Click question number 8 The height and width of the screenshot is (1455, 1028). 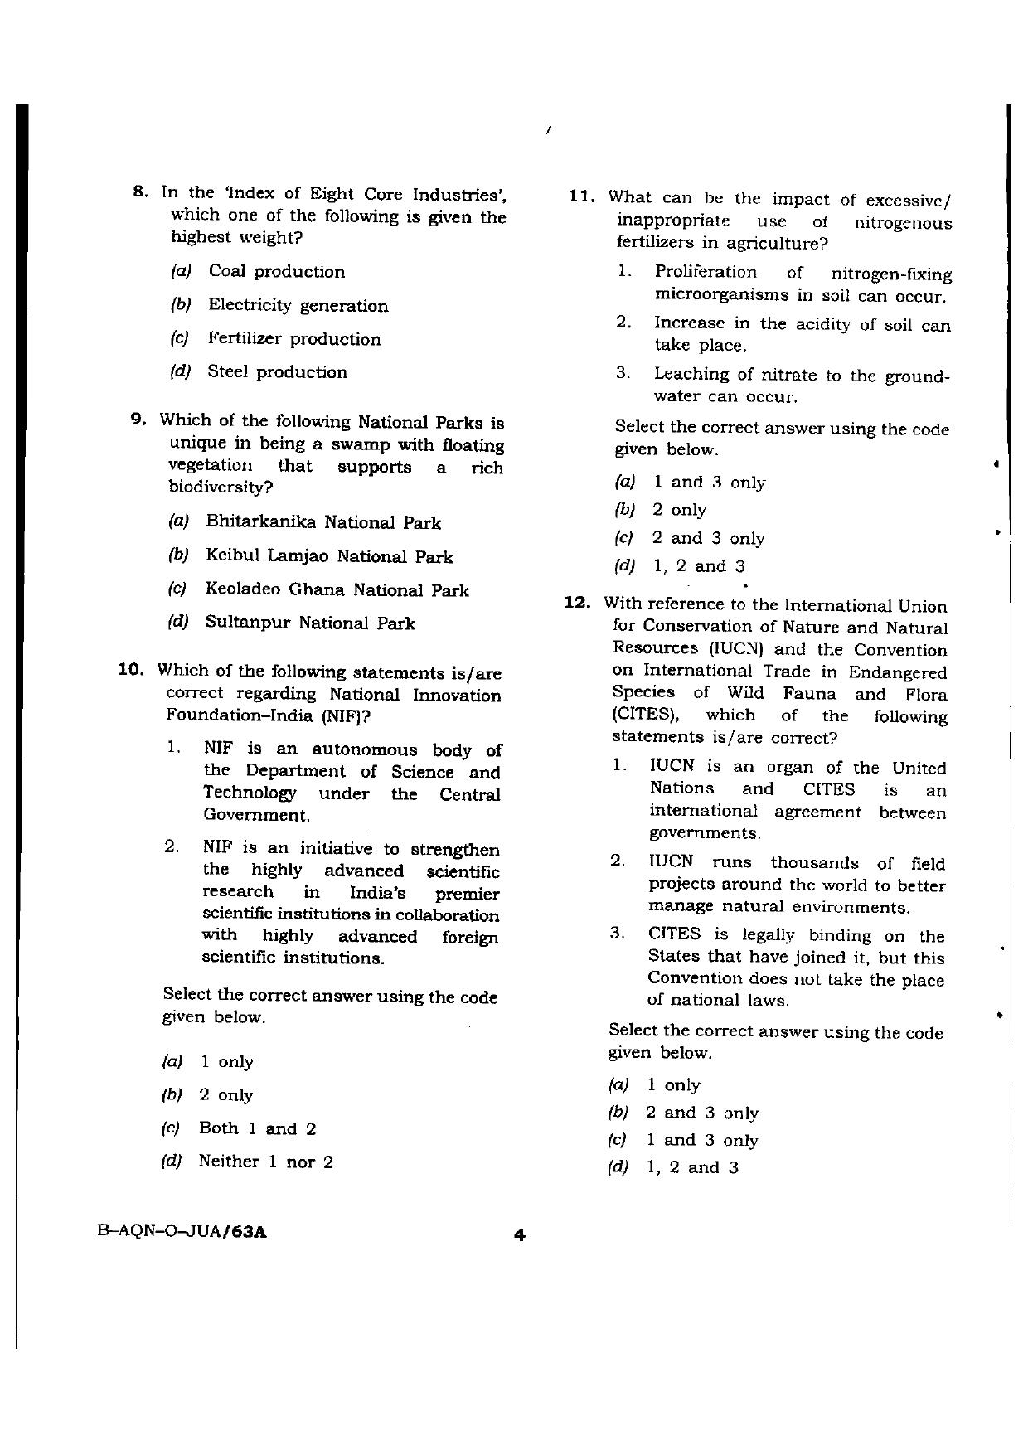140,192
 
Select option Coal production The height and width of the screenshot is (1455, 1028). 276,272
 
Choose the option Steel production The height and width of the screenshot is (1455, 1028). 277,372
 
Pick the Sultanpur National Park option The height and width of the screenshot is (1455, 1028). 309,623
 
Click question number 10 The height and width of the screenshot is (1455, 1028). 133,670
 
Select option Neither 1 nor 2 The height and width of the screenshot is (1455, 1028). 265,1162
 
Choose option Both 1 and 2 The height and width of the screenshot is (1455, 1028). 257,1128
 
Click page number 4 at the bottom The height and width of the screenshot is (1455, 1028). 519,1235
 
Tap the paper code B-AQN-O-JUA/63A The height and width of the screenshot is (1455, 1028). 182,1232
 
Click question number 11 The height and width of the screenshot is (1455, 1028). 582,196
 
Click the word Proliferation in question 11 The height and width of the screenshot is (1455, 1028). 706,273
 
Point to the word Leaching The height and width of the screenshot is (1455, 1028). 691,375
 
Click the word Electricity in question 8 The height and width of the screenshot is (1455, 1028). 250,305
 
